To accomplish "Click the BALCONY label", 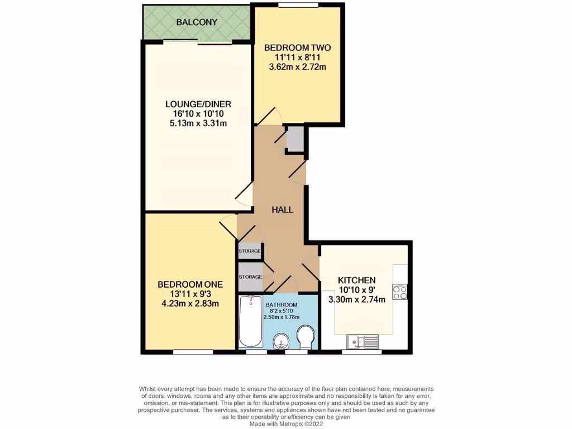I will (196, 22).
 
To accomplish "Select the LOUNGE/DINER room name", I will (198, 104).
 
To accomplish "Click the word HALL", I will (282, 209).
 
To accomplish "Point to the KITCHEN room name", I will (356, 280).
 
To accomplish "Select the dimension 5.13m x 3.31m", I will (198, 123).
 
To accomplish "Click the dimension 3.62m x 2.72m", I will (297, 67).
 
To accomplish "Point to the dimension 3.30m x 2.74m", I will (356, 299).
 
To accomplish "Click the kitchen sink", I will (362, 340).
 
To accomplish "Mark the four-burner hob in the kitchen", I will (399, 292).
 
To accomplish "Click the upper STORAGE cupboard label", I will (250, 251).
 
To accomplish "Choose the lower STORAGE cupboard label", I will (250, 277).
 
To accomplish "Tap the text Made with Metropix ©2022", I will (285, 424).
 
